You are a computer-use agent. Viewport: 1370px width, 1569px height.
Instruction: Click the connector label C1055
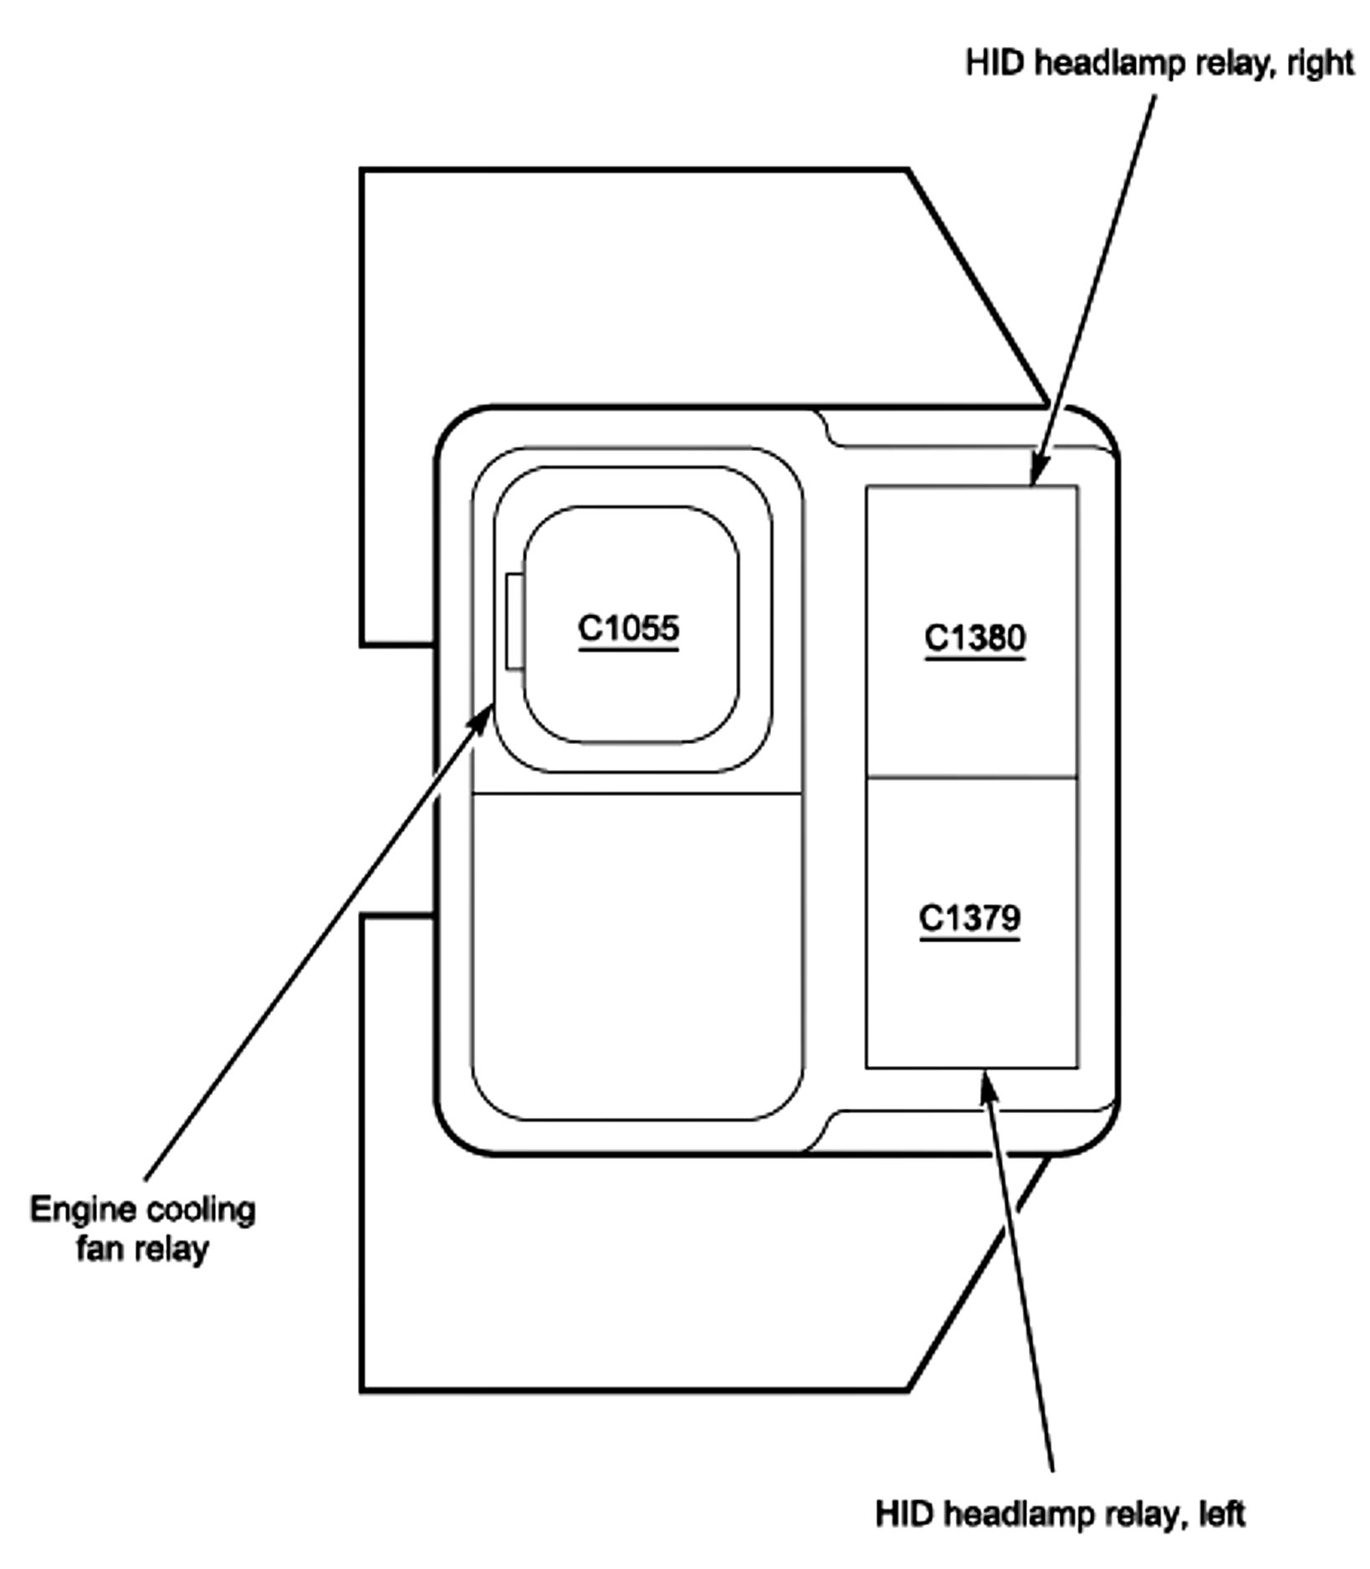tap(628, 628)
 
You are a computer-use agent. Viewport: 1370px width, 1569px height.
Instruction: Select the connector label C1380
tap(974, 638)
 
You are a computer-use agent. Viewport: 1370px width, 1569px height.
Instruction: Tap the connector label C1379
tap(969, 918)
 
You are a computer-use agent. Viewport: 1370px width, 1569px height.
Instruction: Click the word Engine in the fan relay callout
tap(84, 1211)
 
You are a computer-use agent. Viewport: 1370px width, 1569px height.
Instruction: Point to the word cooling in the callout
tap(201, 1211)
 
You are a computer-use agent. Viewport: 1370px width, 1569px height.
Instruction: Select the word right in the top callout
tap(1321, 63)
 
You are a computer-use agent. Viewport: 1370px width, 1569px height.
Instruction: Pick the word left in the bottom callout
tap(1222, 1513)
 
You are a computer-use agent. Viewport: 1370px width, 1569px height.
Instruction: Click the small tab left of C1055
tap(514, 621)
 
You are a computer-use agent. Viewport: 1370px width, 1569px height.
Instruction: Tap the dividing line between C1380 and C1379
tap(971, 777)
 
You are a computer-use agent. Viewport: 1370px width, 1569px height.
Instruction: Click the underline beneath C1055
tap(628, 649)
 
